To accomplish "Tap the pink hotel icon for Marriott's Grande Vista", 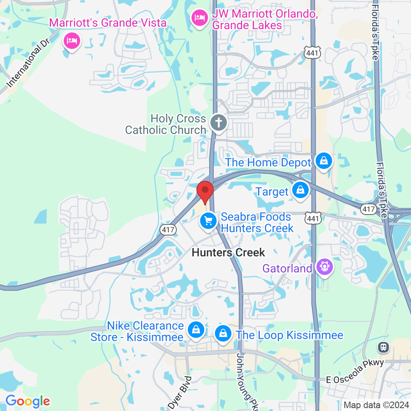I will click(x=72, y=41).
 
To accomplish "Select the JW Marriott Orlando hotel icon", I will click(x=200, y=18).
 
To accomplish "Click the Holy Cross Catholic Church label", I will click(x=166, y=125).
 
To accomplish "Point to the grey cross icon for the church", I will click(x=219, y=122).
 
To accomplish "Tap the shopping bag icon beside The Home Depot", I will click(x=324, y=161).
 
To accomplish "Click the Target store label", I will click(x=272, y=192).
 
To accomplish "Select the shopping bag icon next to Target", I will click(x=301, y=190).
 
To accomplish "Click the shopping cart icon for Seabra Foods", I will click(x=208, y=221).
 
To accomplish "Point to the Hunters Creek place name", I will click(x=229, y=252).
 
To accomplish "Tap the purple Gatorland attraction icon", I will click(x=325, y=267).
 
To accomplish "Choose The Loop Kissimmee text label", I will click(x=289, y=335).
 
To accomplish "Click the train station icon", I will click(x=383, y=347).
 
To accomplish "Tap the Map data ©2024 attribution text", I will click(x=376, y=404).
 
